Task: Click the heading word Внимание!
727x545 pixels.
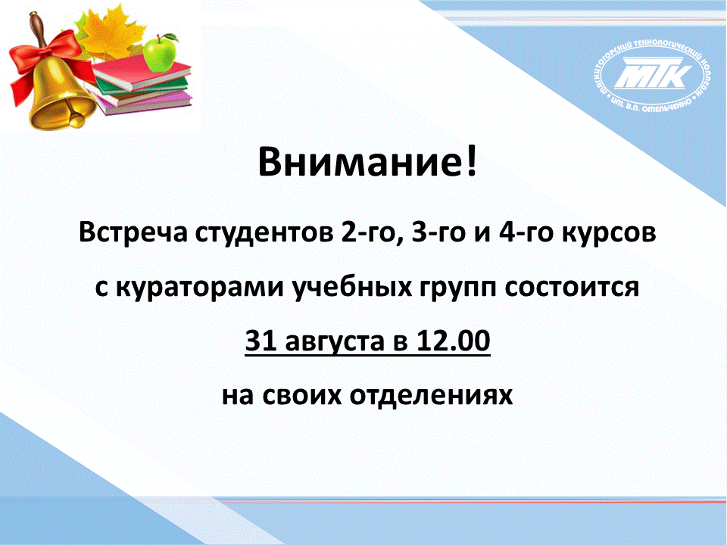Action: coord(367,162)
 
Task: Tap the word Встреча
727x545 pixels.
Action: coord(133,232)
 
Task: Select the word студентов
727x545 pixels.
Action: coord(264,232)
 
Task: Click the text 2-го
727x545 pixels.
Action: coord(367,232)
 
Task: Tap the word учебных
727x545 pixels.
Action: coord(352,288)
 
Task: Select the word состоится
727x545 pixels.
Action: coord(573,288)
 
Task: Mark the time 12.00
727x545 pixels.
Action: coord(453,341)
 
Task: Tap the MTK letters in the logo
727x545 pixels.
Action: coord(652,73)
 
